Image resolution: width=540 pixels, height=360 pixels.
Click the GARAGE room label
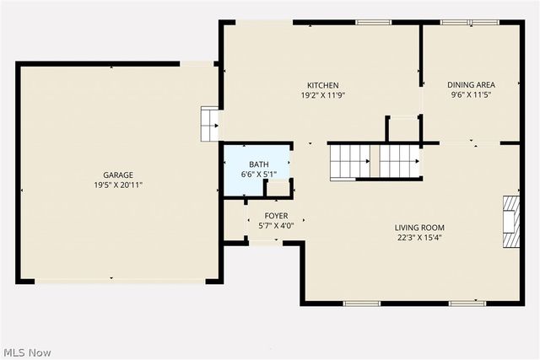click(118, 175)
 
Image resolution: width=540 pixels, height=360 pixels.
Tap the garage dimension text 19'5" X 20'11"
click(118, 185)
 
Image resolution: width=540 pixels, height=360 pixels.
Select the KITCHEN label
click(322, 85)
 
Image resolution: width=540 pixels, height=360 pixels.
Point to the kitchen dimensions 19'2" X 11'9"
click(322, 95)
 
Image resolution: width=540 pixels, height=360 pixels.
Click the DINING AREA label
click(471, 84)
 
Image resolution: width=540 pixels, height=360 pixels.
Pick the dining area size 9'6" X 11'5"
click(471, 95)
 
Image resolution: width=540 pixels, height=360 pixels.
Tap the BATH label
click(258, 164)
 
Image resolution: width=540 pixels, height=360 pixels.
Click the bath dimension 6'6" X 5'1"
click(258, 175)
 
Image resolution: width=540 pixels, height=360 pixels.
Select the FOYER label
click(276, 217)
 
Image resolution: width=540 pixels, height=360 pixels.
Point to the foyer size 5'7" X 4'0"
click(276, 226)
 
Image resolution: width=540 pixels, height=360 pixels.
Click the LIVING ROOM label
click(419, 228)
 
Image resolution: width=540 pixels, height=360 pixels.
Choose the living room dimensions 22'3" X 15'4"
click(419, 238)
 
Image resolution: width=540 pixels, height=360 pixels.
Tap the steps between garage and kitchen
click(208, 124)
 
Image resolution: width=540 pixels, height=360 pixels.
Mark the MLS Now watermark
click(26, 351)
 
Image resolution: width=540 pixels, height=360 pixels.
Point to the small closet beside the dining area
click(403, 130)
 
